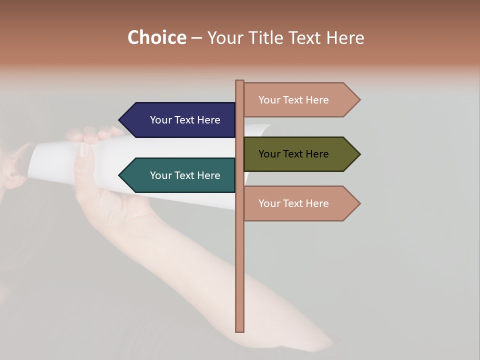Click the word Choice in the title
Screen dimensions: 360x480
point(156,38)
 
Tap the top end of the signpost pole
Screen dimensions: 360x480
point(240,81)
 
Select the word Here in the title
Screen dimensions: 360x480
point(345,38)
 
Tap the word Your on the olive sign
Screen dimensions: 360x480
point(269,154)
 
